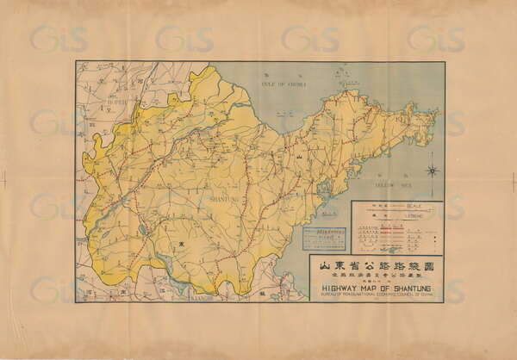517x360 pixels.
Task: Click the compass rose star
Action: pos(432,171)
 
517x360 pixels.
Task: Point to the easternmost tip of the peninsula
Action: pos(438,111)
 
